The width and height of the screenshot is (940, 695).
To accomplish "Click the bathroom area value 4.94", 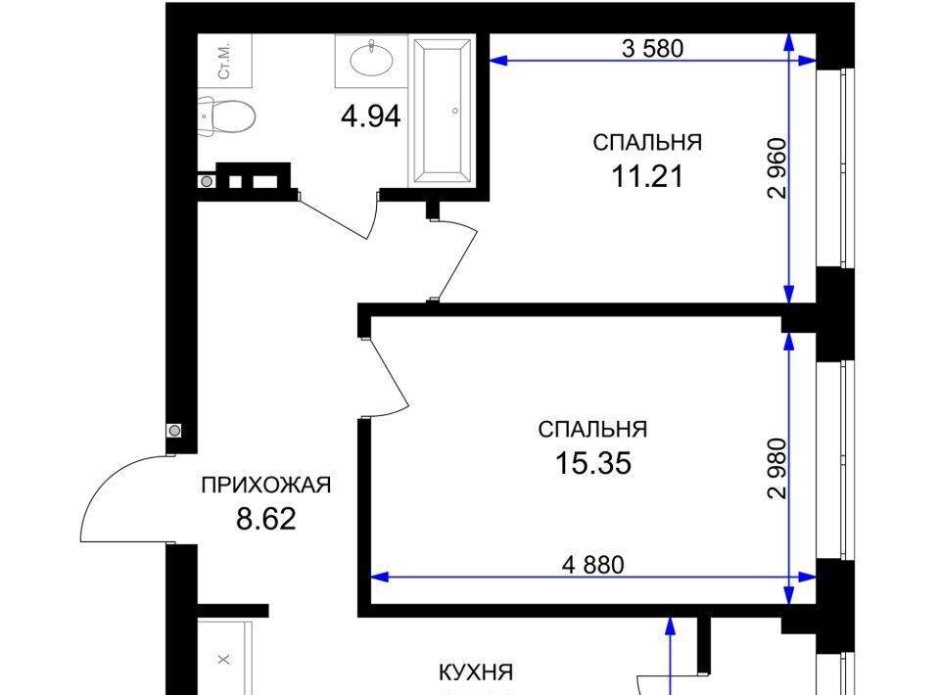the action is pyautogui.click(x=370, y=116).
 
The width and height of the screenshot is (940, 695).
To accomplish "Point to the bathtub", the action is pyautogui.click(x=442, y=111).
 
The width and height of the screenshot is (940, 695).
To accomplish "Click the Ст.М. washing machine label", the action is pyautogui.click(x=225, y=61).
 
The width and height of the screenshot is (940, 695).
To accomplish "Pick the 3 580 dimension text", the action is pyautogui.click(x=653, y=48).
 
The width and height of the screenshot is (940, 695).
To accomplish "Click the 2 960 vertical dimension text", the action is pyautogui.click(x=776, y=167).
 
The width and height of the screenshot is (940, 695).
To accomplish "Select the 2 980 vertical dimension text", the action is pyautogui.click(x=776, y=469).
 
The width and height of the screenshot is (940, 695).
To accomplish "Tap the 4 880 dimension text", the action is pyautogui.click(x=593, y=565).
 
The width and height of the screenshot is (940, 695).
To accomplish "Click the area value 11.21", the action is pyautogui.click(x=647, y=177).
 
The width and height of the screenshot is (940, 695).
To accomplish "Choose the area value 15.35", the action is pyautogui.click(x=593, y=463).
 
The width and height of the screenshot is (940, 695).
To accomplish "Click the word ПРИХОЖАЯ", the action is pyautogui.click(x=266, y=485).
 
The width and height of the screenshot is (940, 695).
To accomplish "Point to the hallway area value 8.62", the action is pyautogui.click(x=266, y=519).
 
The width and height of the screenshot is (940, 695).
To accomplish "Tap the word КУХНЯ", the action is pyautogui.click(x=476, y=672).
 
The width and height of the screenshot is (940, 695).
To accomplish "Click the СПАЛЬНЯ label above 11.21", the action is pyautogui.click(x=647, y=143).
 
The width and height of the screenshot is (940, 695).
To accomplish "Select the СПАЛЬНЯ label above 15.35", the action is pyautogui.click(x=593, y=430).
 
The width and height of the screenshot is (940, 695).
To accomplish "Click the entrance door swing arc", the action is pyautogui.click(x=102, y=483).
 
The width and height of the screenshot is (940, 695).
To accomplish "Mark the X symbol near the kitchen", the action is pyautogui.click(x=223, y=660).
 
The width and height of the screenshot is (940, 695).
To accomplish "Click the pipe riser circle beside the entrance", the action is pyautogui.click(x=174, y=430).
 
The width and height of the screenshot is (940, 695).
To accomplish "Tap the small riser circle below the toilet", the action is pyautogui.click(x=207, y=181).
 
